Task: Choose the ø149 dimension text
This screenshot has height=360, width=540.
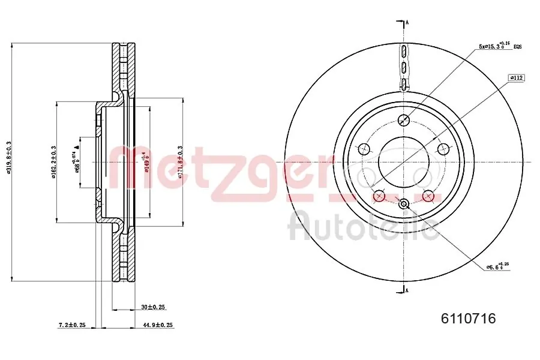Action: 145,161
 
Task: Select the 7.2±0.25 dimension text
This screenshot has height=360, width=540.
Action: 71,325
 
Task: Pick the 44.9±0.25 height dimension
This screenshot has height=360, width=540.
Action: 158,325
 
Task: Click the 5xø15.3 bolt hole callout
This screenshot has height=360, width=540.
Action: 494,46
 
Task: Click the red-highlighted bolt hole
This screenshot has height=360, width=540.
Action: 379,196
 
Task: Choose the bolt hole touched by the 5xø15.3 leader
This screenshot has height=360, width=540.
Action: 404,119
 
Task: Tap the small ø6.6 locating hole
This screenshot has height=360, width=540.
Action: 404,204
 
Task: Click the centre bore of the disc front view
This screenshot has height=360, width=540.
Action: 404,161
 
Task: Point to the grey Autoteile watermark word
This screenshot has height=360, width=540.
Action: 362,226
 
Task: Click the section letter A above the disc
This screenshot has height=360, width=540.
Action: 407,23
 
